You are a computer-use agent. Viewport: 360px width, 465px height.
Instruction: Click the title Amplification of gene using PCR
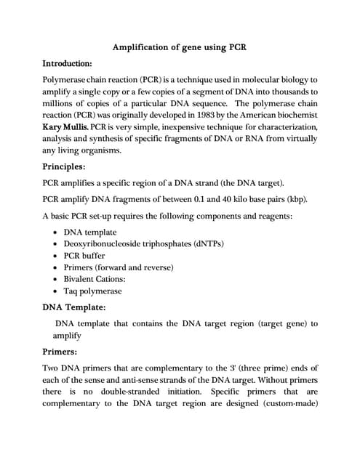[x=180, y=48]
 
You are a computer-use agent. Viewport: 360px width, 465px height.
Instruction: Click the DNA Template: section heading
[x=75, y=307]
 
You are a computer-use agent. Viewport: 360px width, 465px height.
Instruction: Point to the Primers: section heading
[x=63, y=352]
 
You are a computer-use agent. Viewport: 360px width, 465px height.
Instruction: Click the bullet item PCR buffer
[x=84, y=256]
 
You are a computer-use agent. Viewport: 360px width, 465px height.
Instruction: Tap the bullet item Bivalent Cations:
[x=95, y=279]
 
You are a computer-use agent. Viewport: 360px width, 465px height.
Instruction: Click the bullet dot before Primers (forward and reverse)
[x=56, y=267]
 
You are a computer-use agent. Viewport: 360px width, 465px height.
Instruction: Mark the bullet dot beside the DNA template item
[x=56, y=232]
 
